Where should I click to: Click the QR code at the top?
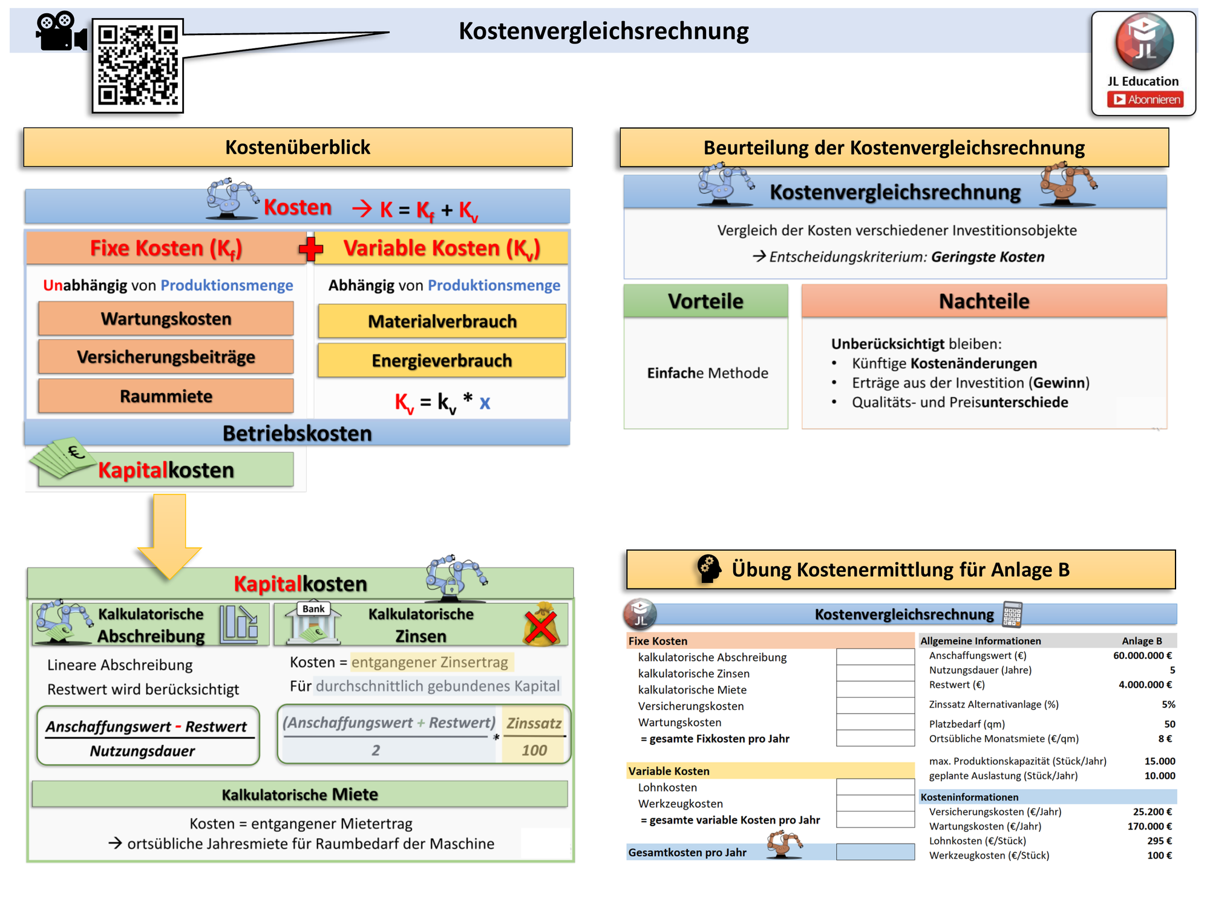(x=138, y=65)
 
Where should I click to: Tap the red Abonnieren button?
(x=1145, y=100)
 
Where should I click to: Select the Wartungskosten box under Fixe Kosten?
(x=166, y=319)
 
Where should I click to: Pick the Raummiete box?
(x=166, y=396)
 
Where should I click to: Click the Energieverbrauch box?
(x=442, y=360)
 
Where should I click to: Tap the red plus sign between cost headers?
(x=311, y=249)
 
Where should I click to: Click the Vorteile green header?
(x=706, y=301)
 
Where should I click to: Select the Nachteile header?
(x=984, y=301)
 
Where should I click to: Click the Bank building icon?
(x=313, y=623)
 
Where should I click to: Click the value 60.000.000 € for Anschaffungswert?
(x=1142, y=655)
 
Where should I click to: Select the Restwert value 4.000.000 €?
(x=1145, y=684)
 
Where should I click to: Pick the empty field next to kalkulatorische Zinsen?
(x=875, y=673)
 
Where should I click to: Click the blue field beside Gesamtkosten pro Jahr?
(x=875, y=852)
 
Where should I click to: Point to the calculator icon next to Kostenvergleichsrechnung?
(x=1012, y=614)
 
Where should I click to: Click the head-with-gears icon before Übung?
(x=709, y=569)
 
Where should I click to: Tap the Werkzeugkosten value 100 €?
(x=1159, y=856)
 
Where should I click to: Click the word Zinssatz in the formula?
(x=534, y=723)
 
